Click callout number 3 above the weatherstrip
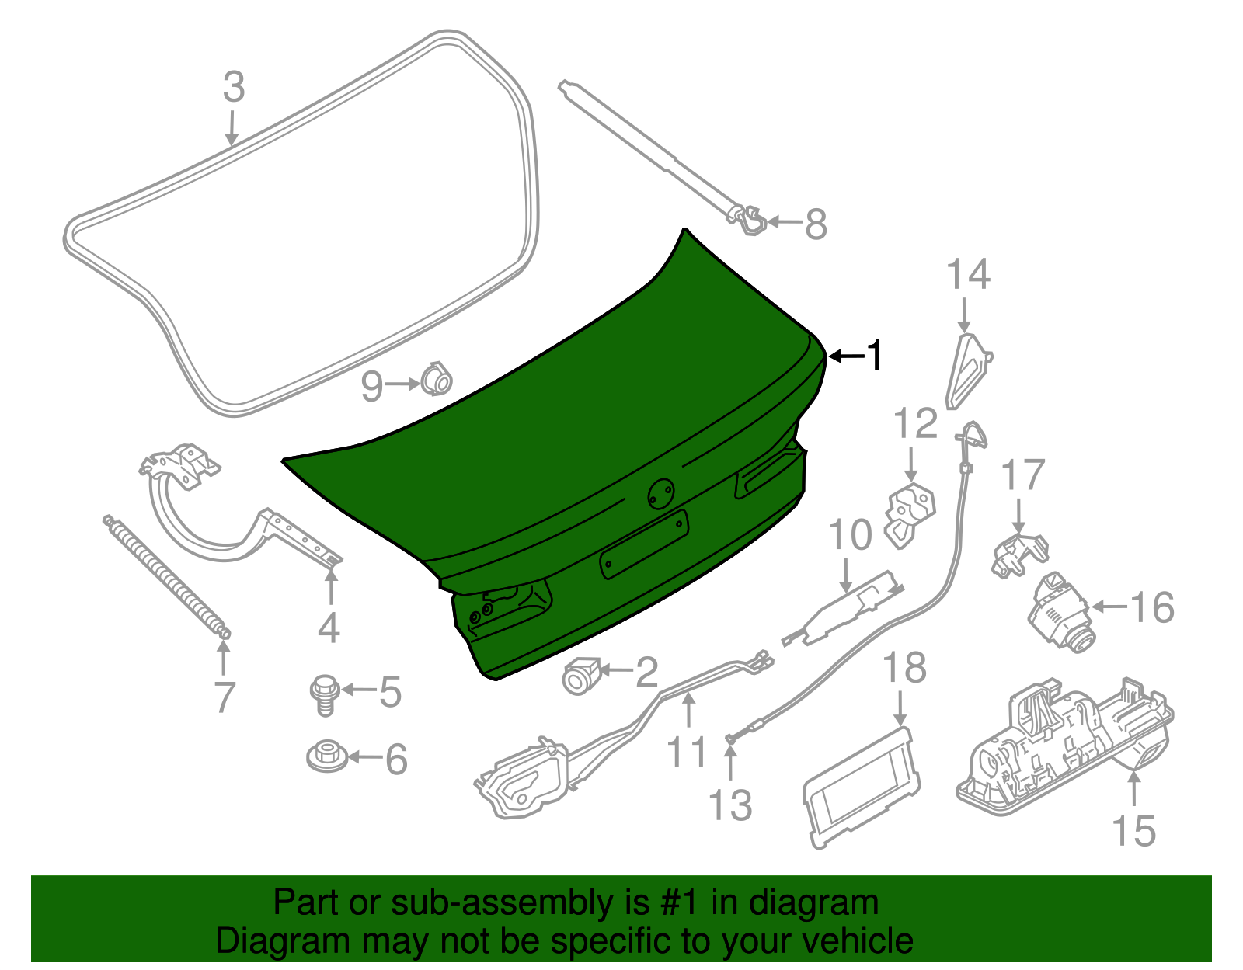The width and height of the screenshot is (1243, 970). pyautogui.click(x=234, y=87)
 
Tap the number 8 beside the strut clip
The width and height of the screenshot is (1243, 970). pyautogui.click(x=816, y=225)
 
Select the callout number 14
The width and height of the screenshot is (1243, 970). pyautogui.click(x=969, y=275)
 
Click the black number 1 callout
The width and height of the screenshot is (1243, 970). pyautogui.click(x=876, y=356)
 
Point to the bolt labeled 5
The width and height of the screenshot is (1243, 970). pyautogui.click(x=324, y=694)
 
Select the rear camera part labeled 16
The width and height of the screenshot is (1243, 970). pyautogui.click(x=1061, y=614)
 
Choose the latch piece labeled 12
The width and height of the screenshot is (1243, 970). pyautogui.click(x=909, y=514)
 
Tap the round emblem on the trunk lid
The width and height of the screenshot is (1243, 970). pyautogui.click(x=662, y=494)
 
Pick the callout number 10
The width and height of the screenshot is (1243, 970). pyautogui.click(x=850, y=535)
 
